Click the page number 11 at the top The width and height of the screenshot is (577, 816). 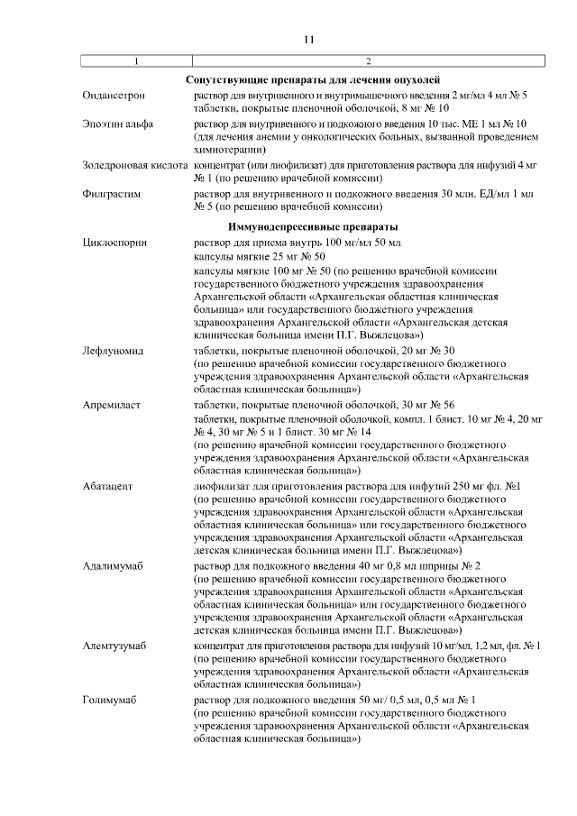(x=307, y=40)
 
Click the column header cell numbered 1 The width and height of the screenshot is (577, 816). (x=136, y=61)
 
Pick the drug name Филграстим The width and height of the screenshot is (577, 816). (x=108, y=194)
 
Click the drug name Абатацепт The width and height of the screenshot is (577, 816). (x=108, y=486)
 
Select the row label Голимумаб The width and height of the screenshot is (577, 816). (x=109, y=700)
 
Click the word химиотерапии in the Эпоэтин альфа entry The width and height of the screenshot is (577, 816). (x=227, y=151)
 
